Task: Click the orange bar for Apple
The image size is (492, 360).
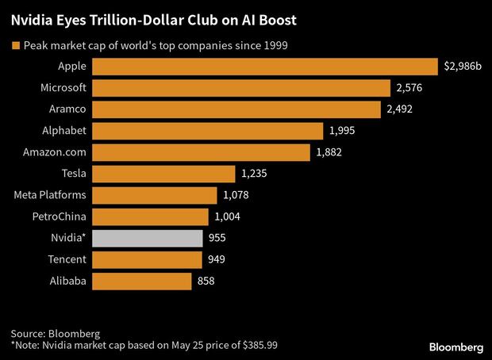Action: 265,67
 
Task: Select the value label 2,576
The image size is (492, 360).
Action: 409,88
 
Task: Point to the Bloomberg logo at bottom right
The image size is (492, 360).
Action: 455,347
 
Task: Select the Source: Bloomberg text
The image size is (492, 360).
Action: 51,333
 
